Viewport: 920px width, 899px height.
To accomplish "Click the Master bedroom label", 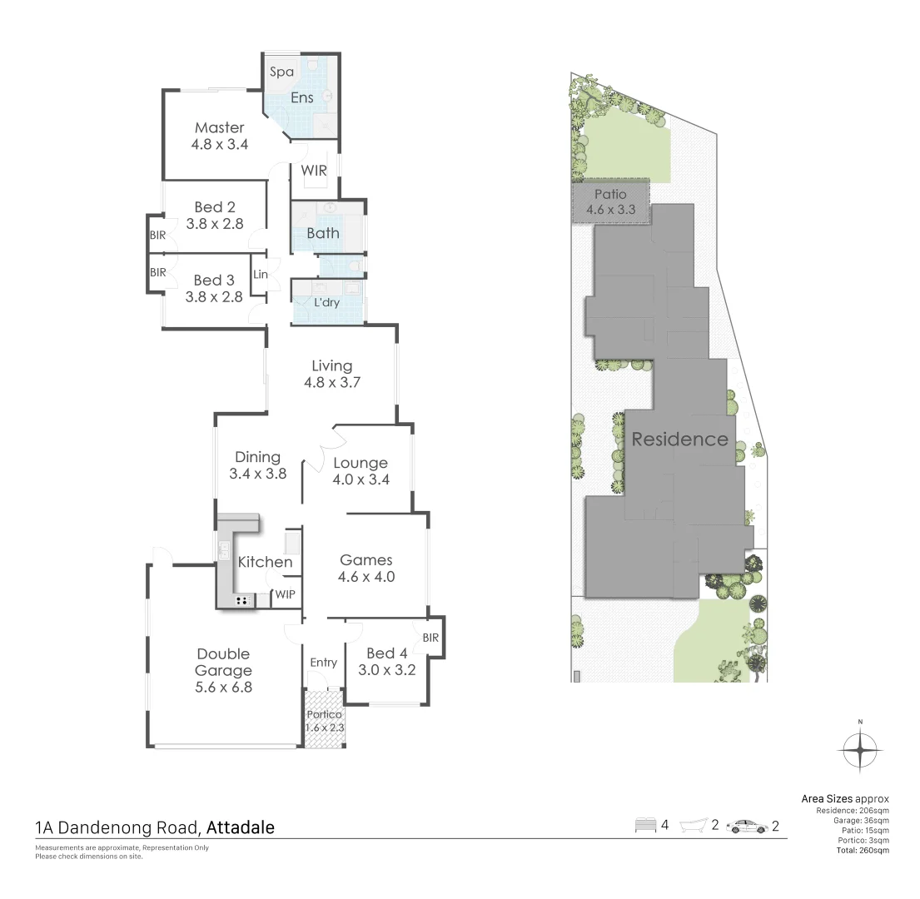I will pyautogui.click(x=220, y=127).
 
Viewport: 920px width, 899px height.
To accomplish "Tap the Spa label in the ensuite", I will pyautogui.click(x=281, y=72).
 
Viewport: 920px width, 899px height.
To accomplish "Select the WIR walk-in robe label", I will pyautogui.click(x=314, y=171).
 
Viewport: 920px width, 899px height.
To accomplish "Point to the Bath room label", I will pyautogui.click(x=322, y=233).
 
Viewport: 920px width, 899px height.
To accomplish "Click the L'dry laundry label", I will pyautogui.click(x=326, y=302).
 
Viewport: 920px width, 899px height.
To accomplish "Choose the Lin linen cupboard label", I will pyautogui.click(x=260, y=274).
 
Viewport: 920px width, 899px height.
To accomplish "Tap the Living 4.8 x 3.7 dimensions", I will pyautogui.click(x=331, y=383).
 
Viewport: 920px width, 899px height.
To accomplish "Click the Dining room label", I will pyautogui.click(x=257, y=457).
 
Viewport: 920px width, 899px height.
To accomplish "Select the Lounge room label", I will pyautogui.click(x=360, y=463).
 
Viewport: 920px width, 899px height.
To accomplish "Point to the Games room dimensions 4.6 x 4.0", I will pyautogui.click(x=366, y=577).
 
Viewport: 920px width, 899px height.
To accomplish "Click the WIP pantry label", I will pyautogui.click(x=284, y=594).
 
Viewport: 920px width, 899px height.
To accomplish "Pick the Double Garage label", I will pyautogui.click(x=223, y=662).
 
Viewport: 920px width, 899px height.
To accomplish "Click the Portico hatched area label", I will pyautogui.click(x=324, y=714).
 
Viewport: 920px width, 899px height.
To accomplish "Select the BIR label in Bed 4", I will pyautogui.click(x=430, y=638).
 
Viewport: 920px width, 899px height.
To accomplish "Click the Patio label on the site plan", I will pyautogui.click(x=610, y=195).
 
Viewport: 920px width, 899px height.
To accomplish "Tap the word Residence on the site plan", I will pyautogui.click(x=679, y=440).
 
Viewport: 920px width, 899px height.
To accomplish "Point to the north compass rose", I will pyautogui.click(x=860, y=750).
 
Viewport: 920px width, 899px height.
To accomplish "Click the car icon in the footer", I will pyautogui.click(x=747, y=827).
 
